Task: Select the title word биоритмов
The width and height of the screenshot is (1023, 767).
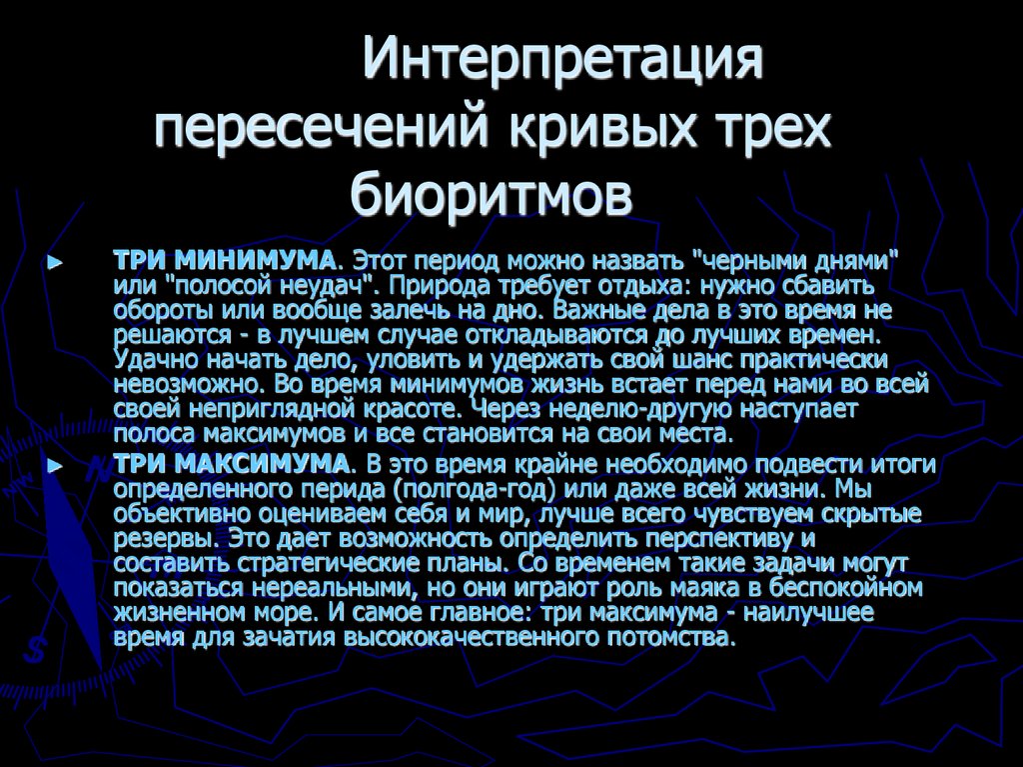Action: click(x=491, y=192)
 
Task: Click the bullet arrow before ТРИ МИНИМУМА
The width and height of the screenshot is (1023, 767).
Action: click(x=56, y=262)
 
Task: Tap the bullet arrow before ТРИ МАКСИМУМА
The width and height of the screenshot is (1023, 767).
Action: click(x=56, y=467)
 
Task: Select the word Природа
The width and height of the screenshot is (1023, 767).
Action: click(x=431, y=285)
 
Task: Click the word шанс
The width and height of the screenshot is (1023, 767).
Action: click(x=721, y=359)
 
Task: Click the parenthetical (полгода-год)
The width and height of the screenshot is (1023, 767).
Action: click(x=478, y=490)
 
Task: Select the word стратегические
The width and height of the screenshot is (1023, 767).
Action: click(x=322, y=563)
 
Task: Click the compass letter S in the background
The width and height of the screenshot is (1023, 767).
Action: click(x=36, y=650)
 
